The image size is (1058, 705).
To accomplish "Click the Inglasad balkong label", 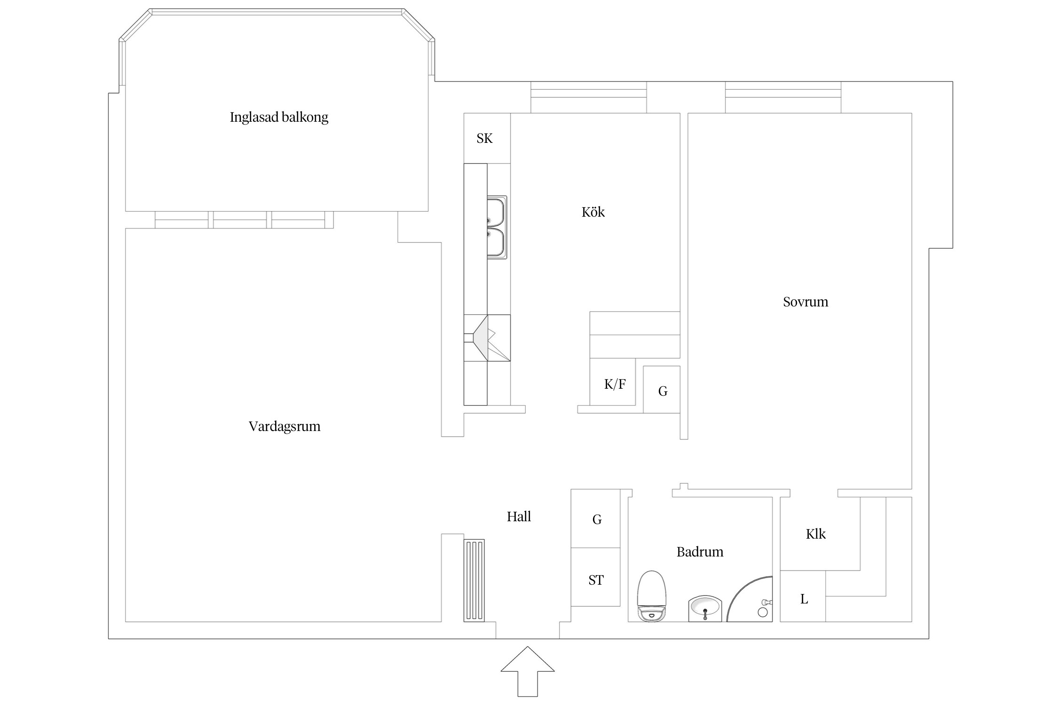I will (279, 117).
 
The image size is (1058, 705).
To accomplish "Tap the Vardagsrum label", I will (284, 426).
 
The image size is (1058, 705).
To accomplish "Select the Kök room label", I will (593, 212).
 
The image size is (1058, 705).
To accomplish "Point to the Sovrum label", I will (805, 302).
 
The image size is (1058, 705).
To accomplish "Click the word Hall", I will (519, 517).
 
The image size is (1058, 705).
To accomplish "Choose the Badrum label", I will (700, 552).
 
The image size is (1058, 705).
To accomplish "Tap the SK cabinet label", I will (484, 138).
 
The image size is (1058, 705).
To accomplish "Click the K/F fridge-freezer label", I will (615, 384).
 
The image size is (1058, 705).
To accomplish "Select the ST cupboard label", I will (596, 580).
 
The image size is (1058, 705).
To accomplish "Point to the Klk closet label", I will (815, 534).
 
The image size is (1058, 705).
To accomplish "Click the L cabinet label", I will (804, 599).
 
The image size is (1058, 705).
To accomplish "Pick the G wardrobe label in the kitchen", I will (663, 391).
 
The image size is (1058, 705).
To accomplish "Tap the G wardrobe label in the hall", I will (597, 519).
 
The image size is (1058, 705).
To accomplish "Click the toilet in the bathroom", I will (651, 596).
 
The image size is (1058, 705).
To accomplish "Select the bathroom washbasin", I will (704, 608).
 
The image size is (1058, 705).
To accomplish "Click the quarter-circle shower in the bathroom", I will (752, 602).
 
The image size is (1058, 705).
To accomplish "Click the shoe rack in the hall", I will (474, 580).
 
